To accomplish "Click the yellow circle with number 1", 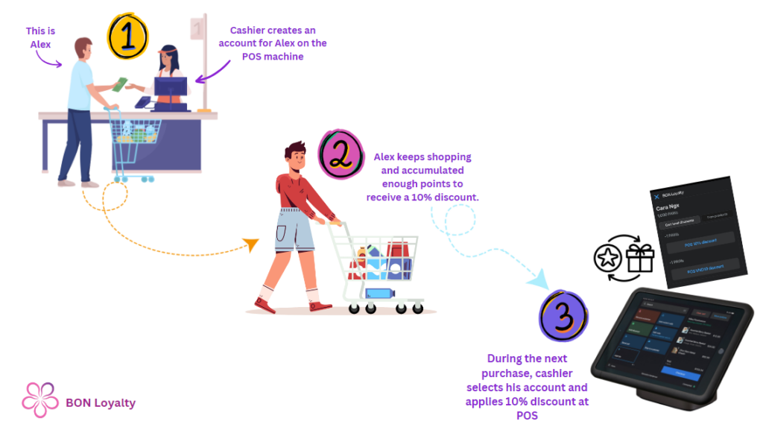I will click(x=128, y=37).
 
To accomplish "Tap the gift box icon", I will click(x=639, y=257).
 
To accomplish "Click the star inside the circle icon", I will click(x=607, y=259).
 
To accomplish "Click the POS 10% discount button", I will click(x=698, y=243).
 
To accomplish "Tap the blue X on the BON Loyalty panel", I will click(x=656, y=195).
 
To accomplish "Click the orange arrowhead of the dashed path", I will click(x=251, y=244).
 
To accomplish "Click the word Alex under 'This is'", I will click(x=40, y=44).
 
